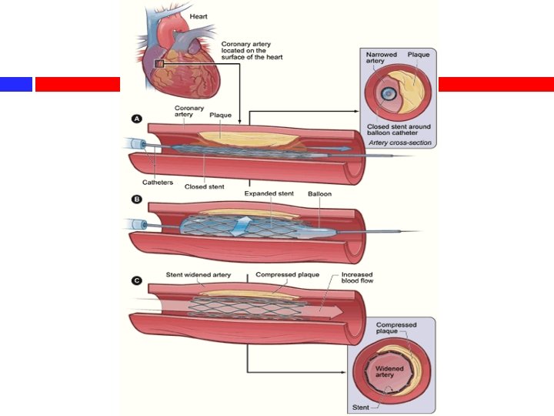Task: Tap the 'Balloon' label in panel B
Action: [319, 193]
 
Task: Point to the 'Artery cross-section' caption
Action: [399, 143]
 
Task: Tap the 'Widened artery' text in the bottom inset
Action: [389, 372]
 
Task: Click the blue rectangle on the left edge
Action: [15, 84]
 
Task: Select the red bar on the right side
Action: [496, 84]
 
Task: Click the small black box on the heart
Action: [159, 63]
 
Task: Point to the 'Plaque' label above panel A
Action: [221, 116]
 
